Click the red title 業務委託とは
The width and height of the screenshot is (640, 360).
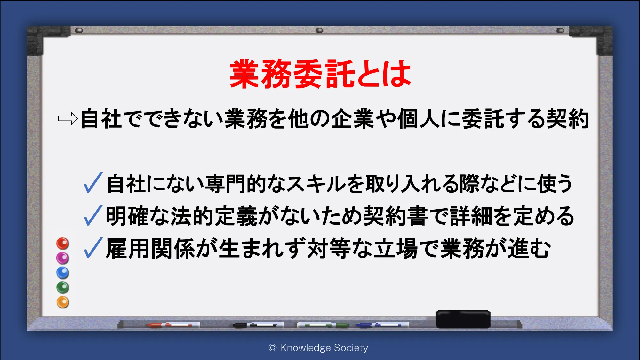[320, 74]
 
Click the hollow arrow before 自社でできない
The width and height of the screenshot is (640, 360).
[68, 119]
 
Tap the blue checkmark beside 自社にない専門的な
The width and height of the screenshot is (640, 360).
[93, 183]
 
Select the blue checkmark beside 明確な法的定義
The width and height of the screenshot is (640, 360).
[93, 215]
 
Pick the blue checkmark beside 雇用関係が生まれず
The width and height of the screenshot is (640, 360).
[93, 248]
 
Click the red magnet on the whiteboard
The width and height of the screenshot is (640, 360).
[63, 244]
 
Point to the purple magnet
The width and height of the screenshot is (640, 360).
[63, 258]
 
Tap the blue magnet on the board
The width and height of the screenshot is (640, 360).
[63, 273]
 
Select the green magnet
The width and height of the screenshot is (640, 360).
[63, 287]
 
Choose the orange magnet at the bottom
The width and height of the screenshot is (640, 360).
[63, 302]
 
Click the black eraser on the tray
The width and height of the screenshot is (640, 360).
[463, 319]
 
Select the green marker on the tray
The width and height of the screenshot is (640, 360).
[323, 325]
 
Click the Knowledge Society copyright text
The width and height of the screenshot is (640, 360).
[318, 348]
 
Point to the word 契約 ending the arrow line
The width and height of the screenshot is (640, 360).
[568, 119]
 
